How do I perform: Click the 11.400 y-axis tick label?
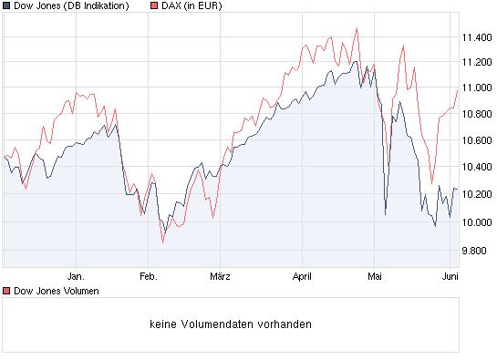[x=477, y=37]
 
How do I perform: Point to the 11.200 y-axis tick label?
[x=477, y=62]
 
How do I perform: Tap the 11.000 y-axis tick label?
[x=477, y=88]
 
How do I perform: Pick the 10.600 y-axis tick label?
[x=477, y=141]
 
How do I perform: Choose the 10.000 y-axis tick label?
[x=477, y=222]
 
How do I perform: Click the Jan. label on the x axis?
[x=76, y=274]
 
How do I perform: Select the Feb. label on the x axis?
[x=148, y=274]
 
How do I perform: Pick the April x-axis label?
[x=302, y=274]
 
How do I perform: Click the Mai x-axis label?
[x=374, y=274]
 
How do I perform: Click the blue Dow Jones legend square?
[x=6, y=6]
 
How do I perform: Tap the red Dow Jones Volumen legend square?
[x=6, y=291]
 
